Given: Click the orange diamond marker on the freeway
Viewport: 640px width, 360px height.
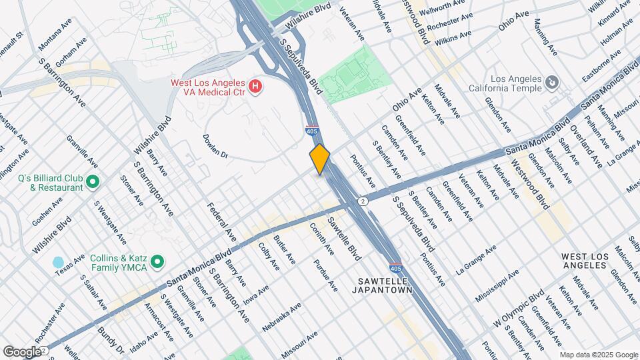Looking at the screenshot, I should pos(320,159).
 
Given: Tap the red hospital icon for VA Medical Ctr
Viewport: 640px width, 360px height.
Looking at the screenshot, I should pos(254,86).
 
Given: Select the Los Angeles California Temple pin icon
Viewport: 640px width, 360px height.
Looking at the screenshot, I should pos(551,82).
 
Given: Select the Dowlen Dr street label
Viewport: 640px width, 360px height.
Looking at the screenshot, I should pos(216,146).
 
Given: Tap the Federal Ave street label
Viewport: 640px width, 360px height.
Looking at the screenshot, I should pos(221,222).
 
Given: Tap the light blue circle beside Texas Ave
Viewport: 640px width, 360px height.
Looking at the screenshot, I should pos(58,262).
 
